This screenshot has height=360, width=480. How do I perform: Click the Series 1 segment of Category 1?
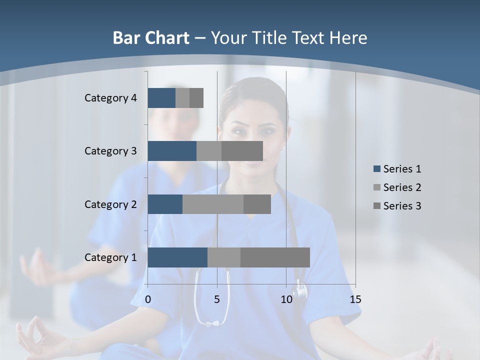coord(177,257)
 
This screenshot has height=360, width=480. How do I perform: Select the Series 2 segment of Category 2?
coord(213,204)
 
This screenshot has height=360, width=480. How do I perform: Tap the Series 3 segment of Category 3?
coord(242,151)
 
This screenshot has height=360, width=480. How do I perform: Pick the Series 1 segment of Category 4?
coord(161,98)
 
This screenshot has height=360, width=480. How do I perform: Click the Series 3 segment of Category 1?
coord(275,257)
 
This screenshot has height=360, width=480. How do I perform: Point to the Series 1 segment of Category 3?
coord(172,151)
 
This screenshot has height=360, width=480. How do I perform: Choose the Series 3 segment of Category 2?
coord(257,204)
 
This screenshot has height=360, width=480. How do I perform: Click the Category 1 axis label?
coord(110,257)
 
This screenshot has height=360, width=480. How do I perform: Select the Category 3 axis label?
coord(110,151)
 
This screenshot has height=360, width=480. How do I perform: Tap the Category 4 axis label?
coord(110,98)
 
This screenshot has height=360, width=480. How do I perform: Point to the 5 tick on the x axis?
coord(217,299)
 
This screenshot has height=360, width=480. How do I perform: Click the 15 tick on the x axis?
coord(355,299)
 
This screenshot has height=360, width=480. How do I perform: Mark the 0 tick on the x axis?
coord(148,299)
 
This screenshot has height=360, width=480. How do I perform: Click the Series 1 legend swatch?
coord(376,169)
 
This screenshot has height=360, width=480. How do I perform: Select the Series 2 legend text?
coord(402,187)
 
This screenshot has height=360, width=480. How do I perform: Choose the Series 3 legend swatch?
coord(376,206)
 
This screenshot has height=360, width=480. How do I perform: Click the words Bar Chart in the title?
coord(150,38)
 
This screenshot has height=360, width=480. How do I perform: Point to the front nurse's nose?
coord(253,140)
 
